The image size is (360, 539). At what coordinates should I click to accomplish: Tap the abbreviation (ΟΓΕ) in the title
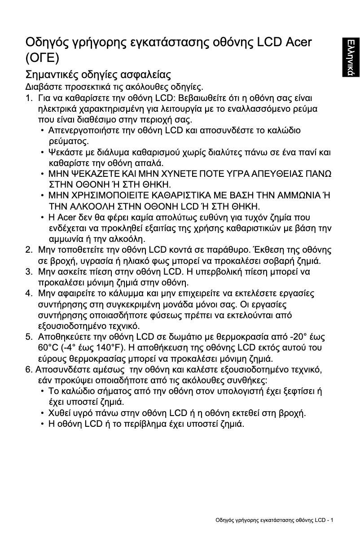coord(42,59)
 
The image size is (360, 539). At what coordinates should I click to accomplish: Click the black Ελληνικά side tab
coord(349,58)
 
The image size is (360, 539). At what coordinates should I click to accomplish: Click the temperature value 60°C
coord(48,348)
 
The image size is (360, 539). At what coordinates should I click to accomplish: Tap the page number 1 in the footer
coord(332,520)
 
